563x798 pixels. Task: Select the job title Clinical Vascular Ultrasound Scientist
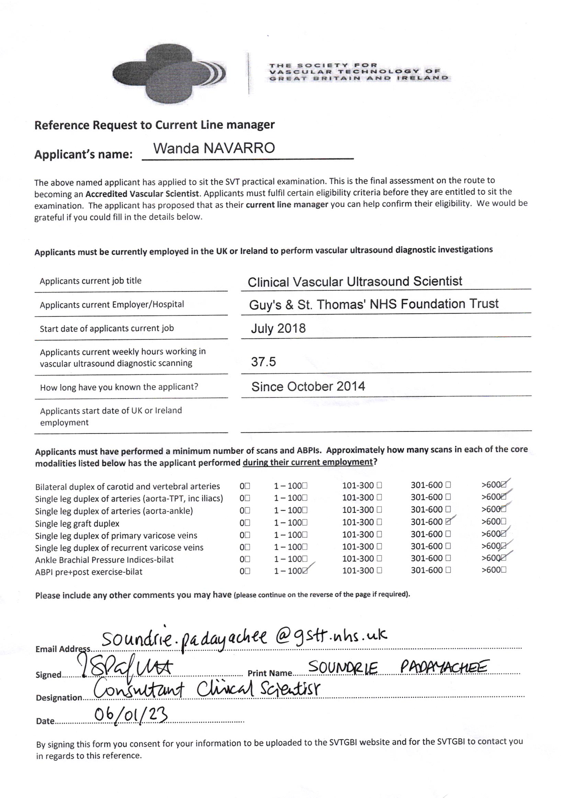(x=355, y=281)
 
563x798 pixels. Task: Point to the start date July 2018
(x=278, y=328)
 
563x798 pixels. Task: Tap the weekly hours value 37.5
(x=263, y=362)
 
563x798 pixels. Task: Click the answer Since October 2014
(x=308, y=386)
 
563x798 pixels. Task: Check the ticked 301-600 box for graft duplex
(x=448, y=521)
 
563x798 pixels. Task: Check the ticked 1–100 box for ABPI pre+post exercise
(x=305, y=571)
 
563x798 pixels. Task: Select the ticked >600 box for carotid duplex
(x=504, y=485)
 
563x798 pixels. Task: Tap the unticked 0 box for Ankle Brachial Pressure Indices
(x=247, y=559)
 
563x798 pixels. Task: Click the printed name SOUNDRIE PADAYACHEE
(x=398, y=667)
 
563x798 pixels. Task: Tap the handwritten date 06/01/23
(x=131, y=716)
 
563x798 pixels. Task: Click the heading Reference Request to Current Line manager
(x=154, y=125)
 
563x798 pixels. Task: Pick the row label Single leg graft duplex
(x=77, y=523)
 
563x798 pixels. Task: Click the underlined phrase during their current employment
(x=307, y=463)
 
